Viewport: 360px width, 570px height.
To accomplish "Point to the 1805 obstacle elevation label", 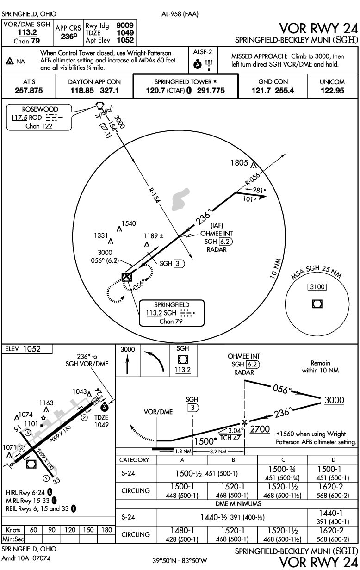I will [x=240, y=163].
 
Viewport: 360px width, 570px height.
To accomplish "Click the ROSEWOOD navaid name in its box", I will [x=40, y=110].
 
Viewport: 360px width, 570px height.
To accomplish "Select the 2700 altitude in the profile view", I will [x=260, y=429].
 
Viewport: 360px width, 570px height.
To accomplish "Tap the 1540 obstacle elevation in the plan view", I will [x=129, y=224].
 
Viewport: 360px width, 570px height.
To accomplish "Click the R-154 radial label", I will [x=155, y=197].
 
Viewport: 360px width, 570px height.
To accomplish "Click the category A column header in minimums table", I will [x=183, y=460].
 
